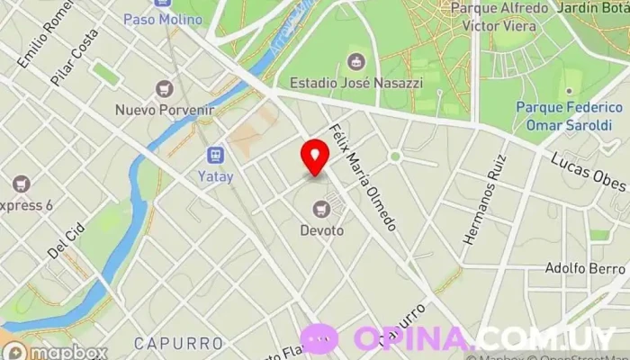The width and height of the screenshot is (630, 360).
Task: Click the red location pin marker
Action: (x=314, y=157)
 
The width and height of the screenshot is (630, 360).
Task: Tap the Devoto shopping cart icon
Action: (x=321, y=210)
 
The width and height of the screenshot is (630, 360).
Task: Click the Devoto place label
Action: (x=321, y=230)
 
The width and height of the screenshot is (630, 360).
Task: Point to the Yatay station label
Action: (x=216, y=176)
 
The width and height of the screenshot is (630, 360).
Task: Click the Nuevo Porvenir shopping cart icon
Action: (x=163, y=89)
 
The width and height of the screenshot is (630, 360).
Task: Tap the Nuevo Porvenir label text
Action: (x=163, y=110)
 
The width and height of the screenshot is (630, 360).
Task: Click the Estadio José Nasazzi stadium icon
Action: (x=355, y=61)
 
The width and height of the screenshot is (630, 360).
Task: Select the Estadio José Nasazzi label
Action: (x=355, y=83)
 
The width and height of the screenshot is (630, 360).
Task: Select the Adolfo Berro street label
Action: (x=585, y=268)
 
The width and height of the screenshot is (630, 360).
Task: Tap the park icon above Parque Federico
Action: (x=567, y=93)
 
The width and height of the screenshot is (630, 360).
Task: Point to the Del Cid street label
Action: (x=66, y=240)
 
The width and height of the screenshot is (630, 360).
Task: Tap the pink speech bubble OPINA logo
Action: (x=319, y=338)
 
